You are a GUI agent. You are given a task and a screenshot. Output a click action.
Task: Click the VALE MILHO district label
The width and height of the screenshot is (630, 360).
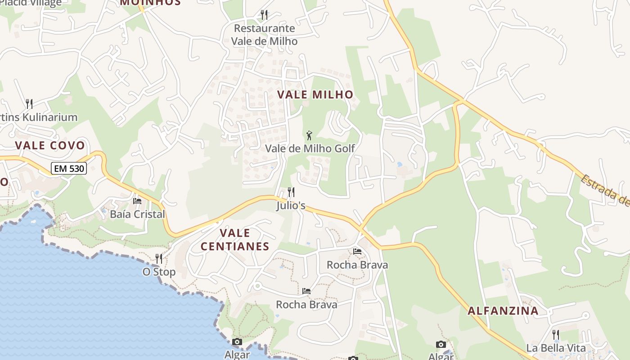(315, 94)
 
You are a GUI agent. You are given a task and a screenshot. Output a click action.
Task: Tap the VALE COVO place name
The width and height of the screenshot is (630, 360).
(49, 145)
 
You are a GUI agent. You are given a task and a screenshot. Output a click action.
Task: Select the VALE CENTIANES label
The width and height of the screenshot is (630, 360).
(234, 239)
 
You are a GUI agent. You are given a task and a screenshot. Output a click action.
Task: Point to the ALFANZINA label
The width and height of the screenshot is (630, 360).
(503, 310)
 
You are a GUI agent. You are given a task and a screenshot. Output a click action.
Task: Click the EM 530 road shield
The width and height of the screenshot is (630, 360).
(68, 169)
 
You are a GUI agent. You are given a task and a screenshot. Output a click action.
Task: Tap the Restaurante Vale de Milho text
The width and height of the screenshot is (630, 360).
(264, 35)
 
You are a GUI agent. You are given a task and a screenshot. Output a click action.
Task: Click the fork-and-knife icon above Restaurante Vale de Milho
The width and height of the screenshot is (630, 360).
(264, 15)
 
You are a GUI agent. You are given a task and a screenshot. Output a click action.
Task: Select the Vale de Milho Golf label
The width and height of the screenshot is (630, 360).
(310, 148)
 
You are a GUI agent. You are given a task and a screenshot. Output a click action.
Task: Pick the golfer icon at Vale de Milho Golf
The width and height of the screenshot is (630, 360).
(309, 135)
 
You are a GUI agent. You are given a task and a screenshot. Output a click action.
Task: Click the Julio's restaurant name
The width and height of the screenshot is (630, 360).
(291, 206)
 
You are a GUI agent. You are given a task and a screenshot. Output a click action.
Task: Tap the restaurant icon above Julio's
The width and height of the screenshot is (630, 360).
(291, 192)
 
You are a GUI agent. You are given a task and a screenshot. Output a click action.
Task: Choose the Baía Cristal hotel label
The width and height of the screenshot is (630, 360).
(137, 214)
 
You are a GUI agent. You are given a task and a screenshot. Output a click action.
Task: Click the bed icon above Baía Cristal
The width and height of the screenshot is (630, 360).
(137, 201)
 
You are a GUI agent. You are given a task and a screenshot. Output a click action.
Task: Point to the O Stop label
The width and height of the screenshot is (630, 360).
(159, 272)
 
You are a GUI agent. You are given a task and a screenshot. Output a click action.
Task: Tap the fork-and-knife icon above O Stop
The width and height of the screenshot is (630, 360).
(159, 258)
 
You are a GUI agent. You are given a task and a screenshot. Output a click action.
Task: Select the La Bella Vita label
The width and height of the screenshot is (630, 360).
(556, 348)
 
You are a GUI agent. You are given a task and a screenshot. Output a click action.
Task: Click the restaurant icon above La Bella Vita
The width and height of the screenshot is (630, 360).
(556, 334)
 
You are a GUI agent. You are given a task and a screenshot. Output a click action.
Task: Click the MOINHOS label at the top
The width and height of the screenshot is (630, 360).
(150, 2)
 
